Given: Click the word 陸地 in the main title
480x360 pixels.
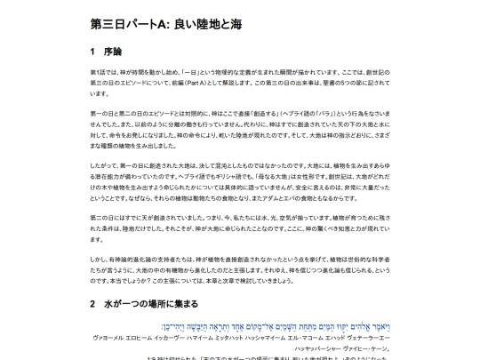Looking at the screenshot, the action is (213, 23).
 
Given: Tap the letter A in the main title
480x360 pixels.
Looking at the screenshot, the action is (156, 23).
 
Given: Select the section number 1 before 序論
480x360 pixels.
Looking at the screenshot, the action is (92, 52).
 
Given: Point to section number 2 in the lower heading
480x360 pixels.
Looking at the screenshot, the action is (93, 303).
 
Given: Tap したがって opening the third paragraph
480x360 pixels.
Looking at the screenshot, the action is (104, 166).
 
